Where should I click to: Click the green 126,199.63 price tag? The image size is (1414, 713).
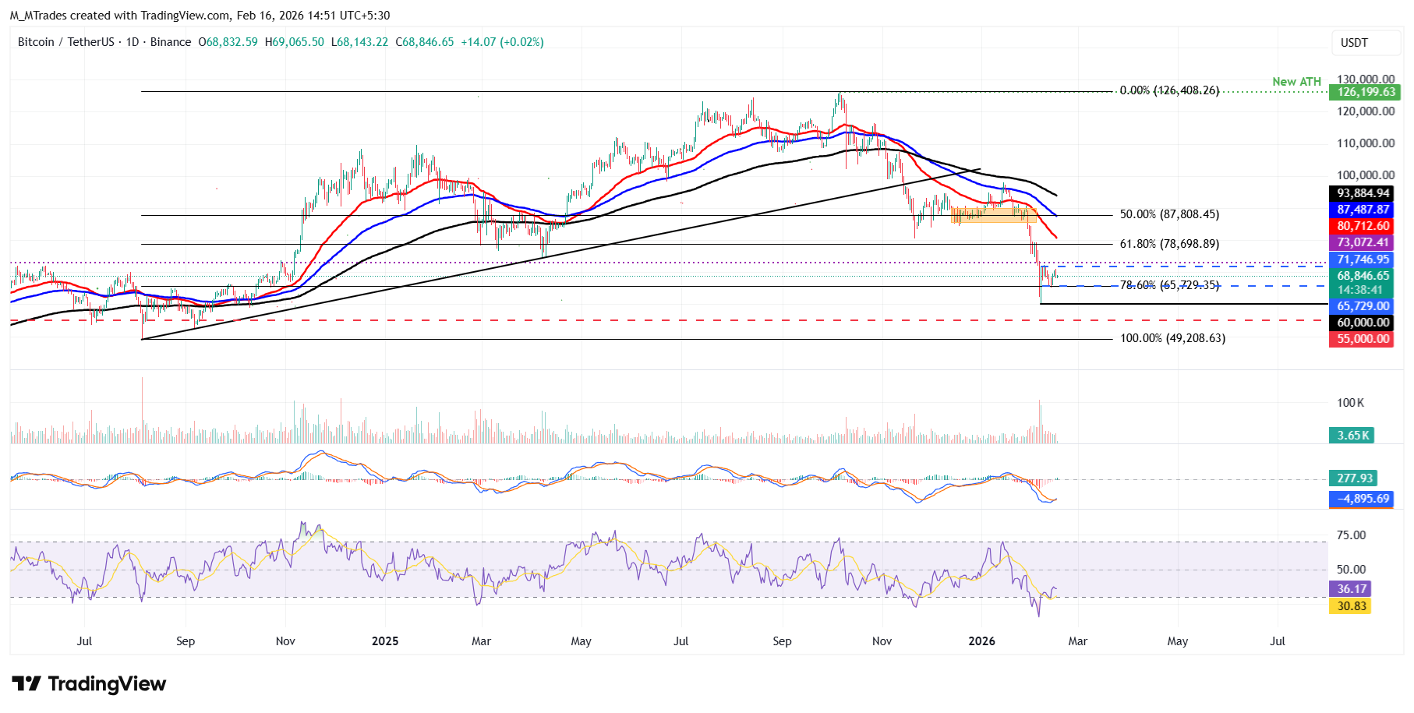point(1366,92)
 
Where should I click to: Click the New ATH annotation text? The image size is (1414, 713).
point(1296,82)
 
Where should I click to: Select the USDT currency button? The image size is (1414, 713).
point(1354,43)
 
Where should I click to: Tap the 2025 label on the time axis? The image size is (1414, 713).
point(385,641)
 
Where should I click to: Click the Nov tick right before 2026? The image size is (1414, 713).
point(882,641)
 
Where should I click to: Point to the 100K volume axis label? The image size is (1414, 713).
point(1350,403)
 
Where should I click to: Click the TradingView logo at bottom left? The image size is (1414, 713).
point(89,684)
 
